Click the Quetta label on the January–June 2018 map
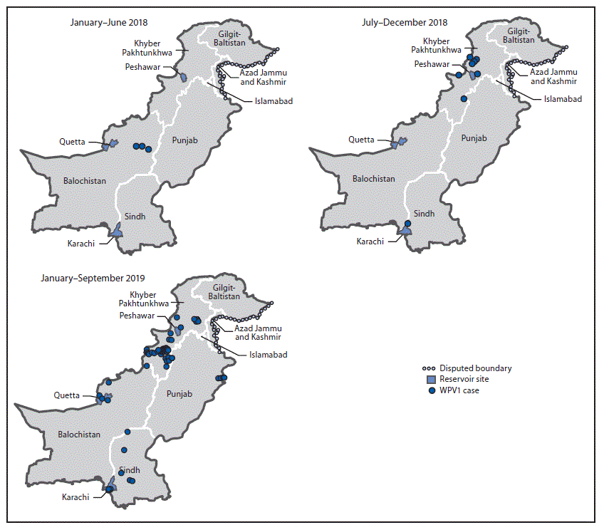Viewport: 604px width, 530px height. pyautogui.click(x=72, y=142)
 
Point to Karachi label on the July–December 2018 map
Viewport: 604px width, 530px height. pyautogui.click(x=370, y=241)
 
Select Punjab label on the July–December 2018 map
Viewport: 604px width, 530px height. pyautogui.click(x=474, y=138)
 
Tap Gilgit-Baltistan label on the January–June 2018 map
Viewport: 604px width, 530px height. pyautogui.click(x=233, y=38)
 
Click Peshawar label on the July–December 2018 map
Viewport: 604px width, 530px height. pyautogui.click(x=432, y=64)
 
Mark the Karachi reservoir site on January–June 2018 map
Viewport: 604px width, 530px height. pyautogui.click(x=115, y=230)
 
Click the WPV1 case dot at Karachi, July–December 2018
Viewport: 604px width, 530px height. pyautogui.click(x=407, y=224)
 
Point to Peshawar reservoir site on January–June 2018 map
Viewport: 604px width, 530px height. pyautogui.click(x=182, y=76)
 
